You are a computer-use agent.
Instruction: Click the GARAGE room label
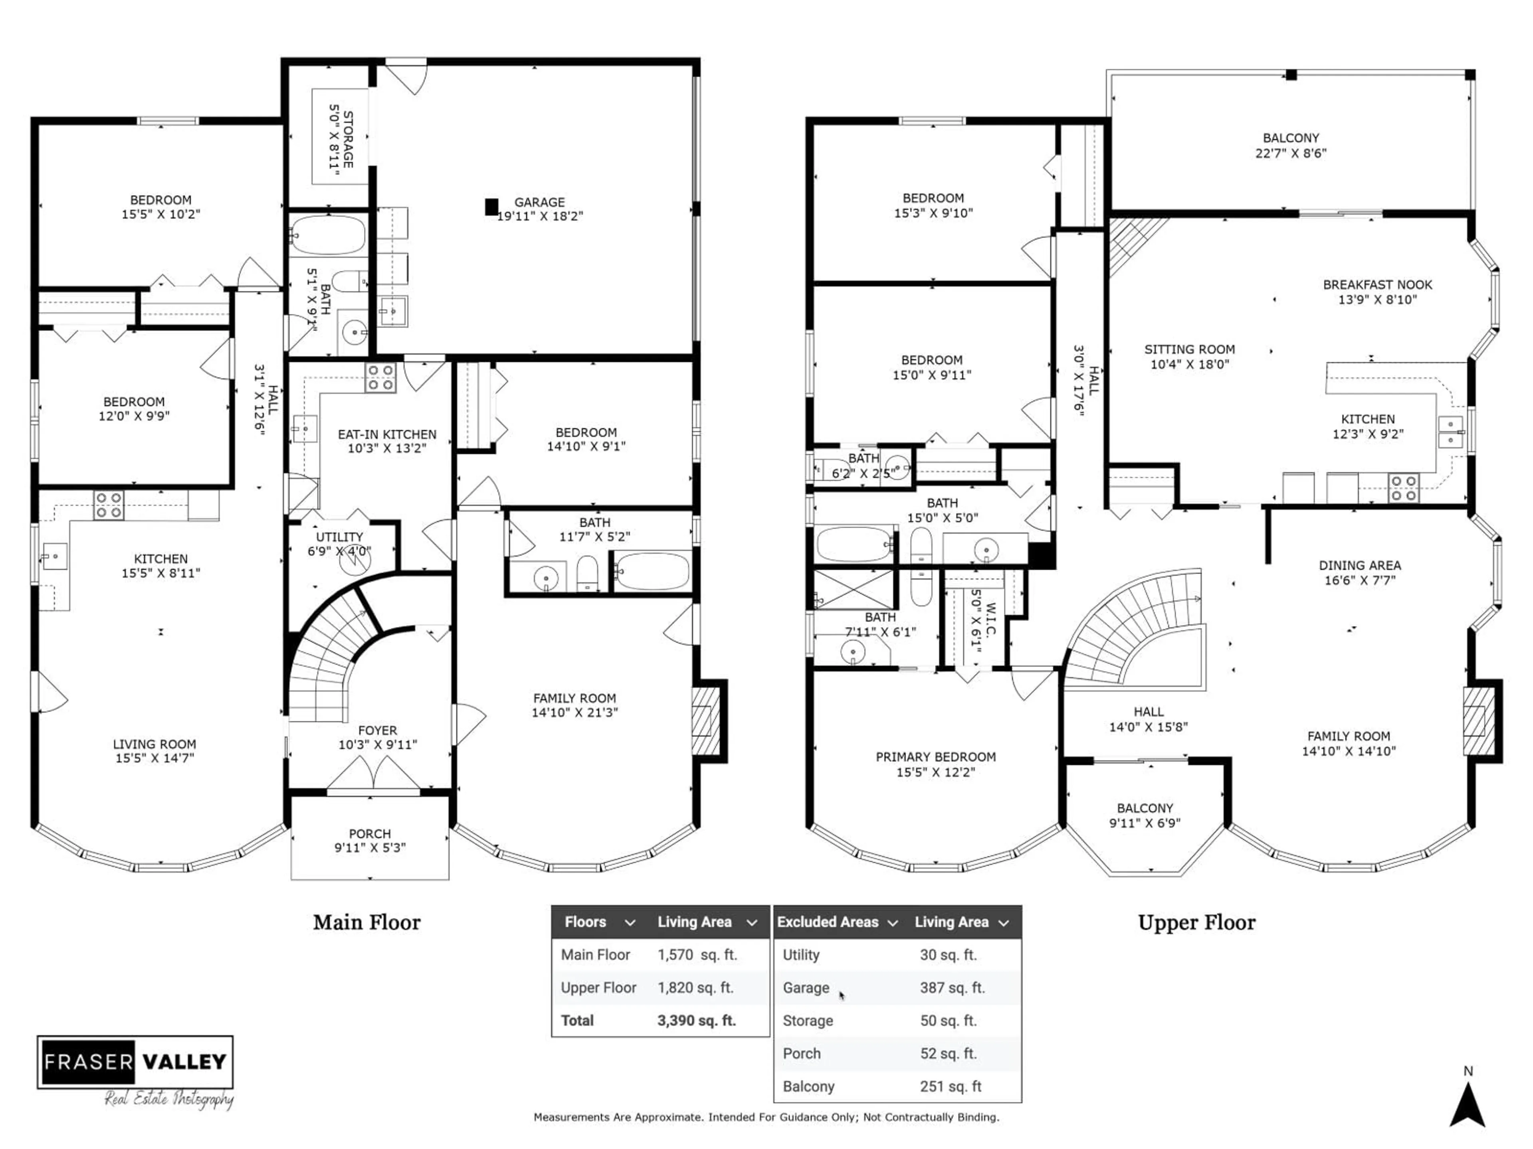click(539, 202)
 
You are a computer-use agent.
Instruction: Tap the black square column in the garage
click(491, 206)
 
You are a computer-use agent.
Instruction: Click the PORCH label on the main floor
click(369, 834)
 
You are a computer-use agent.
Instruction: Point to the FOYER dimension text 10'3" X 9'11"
click(378, 744)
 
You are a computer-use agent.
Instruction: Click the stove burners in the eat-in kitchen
click(380, 377)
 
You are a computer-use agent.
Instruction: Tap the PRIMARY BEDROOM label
click(936, 757)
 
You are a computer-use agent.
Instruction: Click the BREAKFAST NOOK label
click(1377, 284)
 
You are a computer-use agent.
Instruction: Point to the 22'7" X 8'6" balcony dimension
click(1290, 153)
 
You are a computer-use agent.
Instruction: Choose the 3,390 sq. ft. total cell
click(697, 1020)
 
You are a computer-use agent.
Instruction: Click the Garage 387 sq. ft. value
click(952, 988)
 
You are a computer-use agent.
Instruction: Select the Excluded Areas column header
click(828, 922)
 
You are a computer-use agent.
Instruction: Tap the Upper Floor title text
click(1196, 922)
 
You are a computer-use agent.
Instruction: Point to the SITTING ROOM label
click(1189, 350)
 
